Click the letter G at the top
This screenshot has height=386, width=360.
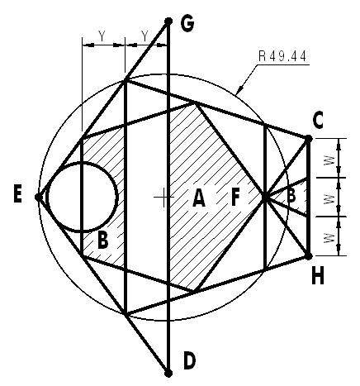point(187,24)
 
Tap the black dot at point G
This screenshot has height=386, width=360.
point(168,21)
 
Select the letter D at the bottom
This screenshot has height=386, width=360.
point(189,361)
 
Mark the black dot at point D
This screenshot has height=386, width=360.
point(168,374)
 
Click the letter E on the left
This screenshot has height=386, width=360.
point(17,195)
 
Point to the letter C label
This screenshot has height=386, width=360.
point(318,121)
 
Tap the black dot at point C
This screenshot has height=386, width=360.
point(309,139)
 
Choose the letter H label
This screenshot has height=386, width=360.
point(318,276)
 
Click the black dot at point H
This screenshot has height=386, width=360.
point(309,256)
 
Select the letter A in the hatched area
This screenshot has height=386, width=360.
point(199,198)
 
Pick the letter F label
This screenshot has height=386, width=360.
point(235,198)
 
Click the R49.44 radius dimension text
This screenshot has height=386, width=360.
point(282,56)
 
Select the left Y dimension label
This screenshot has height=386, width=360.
point(102,36)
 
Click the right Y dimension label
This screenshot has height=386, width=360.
point(144,36)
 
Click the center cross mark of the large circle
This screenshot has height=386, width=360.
point(163,198)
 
